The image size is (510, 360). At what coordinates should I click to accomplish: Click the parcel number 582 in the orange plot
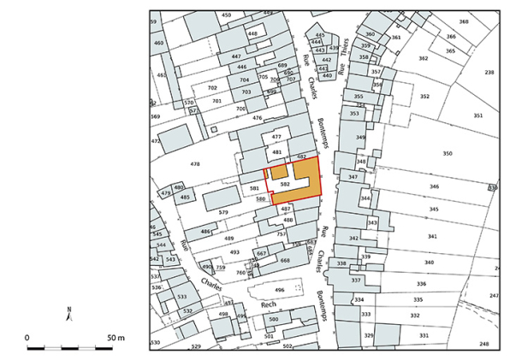click(286, 184)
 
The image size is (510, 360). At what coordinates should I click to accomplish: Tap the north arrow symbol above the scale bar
click(71, 314)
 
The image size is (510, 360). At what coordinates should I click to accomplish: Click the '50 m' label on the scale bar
click(116, 338)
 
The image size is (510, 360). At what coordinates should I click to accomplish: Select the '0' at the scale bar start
click(27, 338)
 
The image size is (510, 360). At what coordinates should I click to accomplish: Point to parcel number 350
click(447, 153)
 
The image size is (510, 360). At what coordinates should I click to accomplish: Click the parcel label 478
click(195, 163)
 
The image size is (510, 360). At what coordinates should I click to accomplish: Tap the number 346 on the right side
click(434, 186)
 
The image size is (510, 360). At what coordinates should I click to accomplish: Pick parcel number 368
click(463, 22)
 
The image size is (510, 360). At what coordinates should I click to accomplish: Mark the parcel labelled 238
click(489, 73)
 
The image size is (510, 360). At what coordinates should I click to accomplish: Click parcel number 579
click(223, 211)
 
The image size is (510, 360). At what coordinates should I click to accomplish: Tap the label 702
click(212, 88)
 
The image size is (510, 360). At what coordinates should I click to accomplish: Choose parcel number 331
click(424, 336)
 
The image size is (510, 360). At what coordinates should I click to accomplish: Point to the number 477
click(276, 137)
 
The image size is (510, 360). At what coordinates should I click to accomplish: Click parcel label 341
click(432, 236)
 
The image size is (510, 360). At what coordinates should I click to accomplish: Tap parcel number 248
click(484, 344)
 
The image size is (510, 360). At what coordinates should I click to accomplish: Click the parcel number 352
click(424, 97)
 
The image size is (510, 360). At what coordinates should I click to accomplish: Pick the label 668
click(285, 260)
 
